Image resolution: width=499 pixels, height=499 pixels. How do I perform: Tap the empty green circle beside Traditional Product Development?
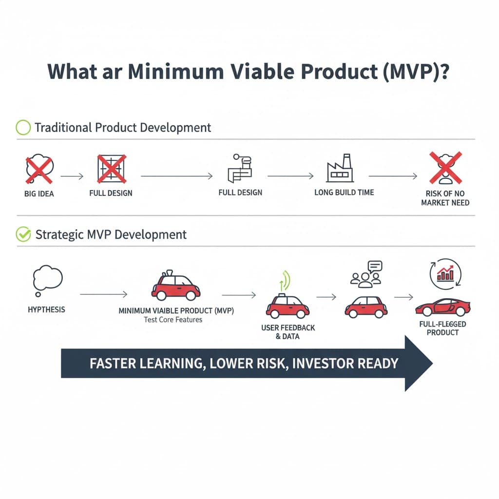coord(23,128)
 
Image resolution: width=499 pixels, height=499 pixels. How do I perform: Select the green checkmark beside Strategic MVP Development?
coord(23,234)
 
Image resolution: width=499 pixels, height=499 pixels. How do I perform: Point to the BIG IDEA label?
coord(39,193)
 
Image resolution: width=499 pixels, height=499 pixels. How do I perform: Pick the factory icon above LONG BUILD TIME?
coord(340,169)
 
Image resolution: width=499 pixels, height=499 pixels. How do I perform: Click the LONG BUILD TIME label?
coord(344,192)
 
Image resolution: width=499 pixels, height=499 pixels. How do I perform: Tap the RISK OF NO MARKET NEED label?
coord(445,197)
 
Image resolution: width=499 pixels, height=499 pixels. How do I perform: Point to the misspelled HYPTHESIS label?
coord(46,309)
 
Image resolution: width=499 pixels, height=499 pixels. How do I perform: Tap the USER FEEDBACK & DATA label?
coord(288,332)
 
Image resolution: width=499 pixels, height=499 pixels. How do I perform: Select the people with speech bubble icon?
coord(366,273)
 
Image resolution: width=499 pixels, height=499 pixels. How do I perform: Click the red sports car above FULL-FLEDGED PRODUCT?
coord(442,307)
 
